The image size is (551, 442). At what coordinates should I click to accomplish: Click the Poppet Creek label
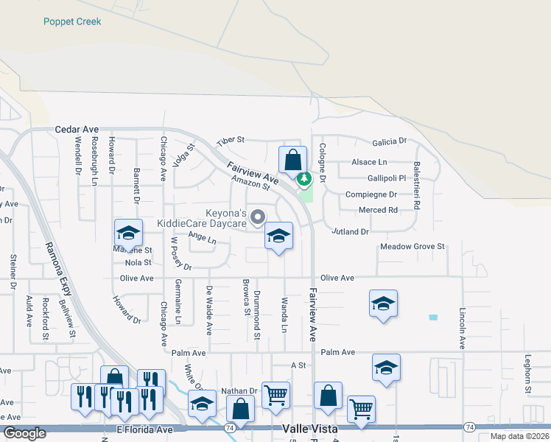72,21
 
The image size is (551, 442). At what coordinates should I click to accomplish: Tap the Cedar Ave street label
76,129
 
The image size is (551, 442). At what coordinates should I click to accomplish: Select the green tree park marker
303,178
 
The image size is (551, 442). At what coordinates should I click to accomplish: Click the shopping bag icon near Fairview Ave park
292,160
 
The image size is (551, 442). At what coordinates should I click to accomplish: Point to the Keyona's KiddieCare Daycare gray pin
258,217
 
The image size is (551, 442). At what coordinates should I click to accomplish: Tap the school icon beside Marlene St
128,234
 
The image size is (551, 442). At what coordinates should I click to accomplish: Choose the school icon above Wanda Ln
278,236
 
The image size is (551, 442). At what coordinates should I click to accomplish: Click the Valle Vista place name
310,429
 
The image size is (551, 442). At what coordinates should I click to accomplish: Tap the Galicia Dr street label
390,141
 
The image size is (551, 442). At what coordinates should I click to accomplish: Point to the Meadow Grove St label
413,247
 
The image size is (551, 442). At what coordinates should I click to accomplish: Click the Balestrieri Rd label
417,186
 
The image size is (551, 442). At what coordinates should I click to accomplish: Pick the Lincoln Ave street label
463,328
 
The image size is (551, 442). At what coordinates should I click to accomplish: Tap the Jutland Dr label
350,231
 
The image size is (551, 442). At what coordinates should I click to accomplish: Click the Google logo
24,433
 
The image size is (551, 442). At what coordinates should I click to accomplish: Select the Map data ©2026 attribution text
519,436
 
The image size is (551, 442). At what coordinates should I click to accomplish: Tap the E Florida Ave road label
144,429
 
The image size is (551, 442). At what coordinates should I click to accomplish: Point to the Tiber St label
230,141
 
